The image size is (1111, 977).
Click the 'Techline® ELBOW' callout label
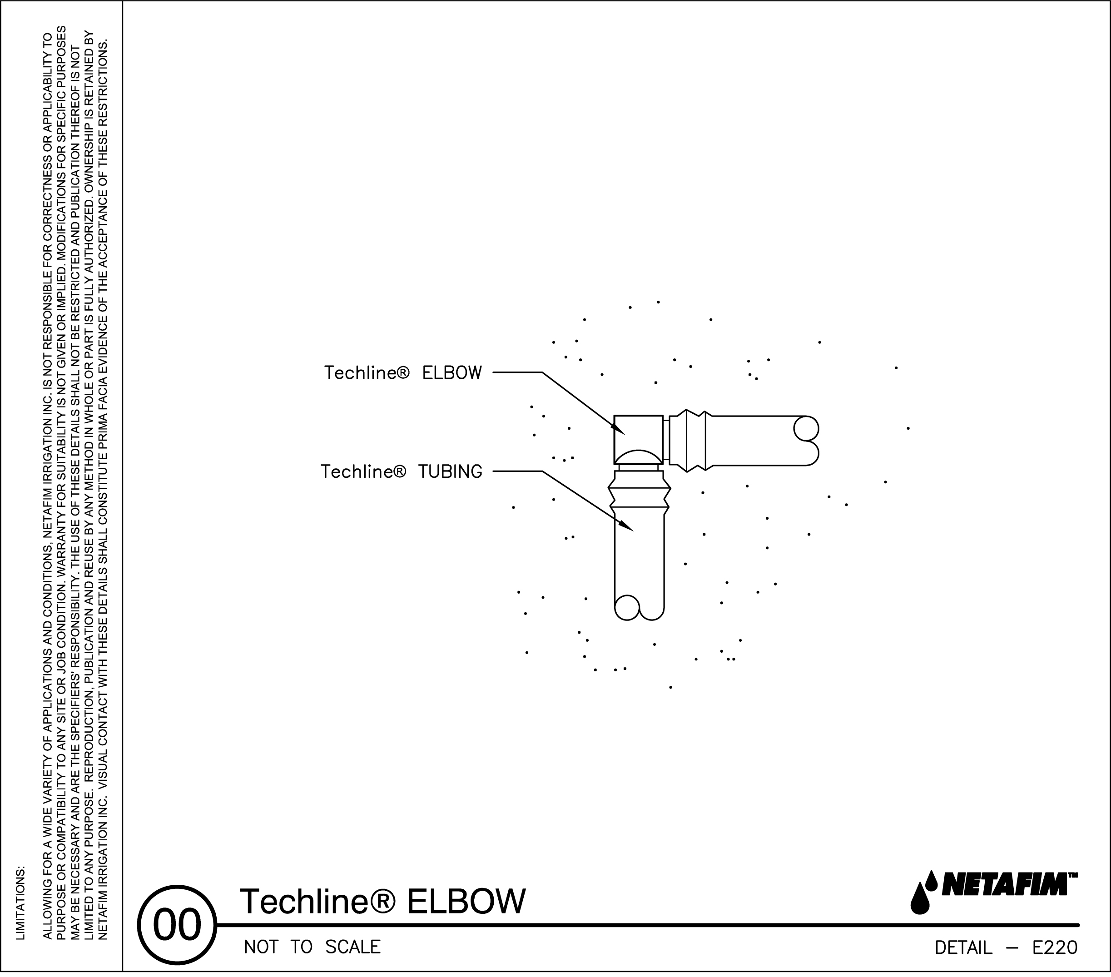[403, 373]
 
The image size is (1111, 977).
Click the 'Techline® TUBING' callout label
[401, 471]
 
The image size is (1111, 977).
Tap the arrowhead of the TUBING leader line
[627, 526]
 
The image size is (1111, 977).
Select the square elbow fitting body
[639, 440]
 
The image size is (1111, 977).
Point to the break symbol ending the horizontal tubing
[807, 441]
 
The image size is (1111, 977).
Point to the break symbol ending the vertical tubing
[639, 608]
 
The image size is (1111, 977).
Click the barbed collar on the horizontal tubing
[688, 441]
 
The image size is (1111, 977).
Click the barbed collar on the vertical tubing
[639, 493]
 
